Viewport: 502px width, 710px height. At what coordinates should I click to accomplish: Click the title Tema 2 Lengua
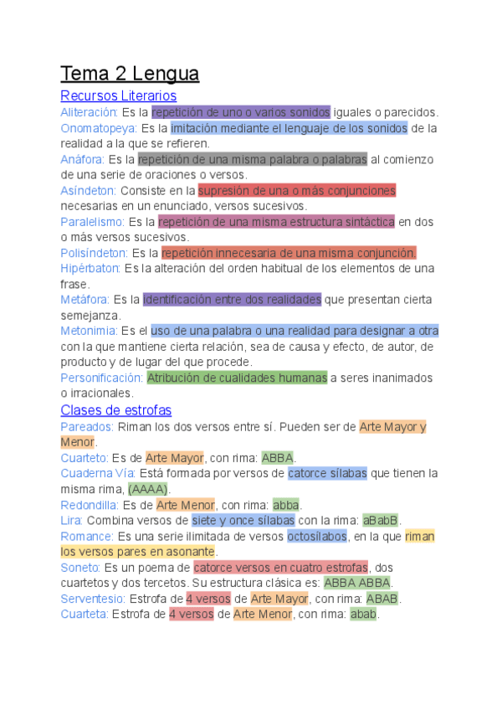130,75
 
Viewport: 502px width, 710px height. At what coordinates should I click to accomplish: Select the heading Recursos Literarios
118,95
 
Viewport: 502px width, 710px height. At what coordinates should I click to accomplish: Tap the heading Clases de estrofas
115,410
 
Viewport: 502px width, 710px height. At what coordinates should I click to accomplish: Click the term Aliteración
89,112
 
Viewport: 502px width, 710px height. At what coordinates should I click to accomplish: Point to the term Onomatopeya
98,128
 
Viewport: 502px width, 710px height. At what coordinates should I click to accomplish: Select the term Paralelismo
92,222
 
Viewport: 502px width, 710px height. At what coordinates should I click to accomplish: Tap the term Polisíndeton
94,253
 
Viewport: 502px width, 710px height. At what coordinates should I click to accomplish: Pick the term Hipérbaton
90,269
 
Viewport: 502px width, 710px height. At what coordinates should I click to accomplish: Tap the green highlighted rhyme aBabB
380,521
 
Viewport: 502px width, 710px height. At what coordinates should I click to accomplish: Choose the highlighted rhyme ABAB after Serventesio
382,599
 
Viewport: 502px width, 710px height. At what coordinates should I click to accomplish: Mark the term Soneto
80,568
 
